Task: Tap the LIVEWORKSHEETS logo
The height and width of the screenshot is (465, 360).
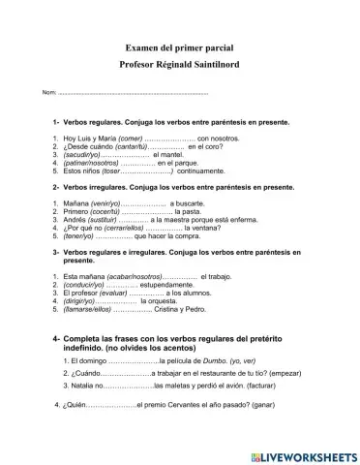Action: click(301, 452)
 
